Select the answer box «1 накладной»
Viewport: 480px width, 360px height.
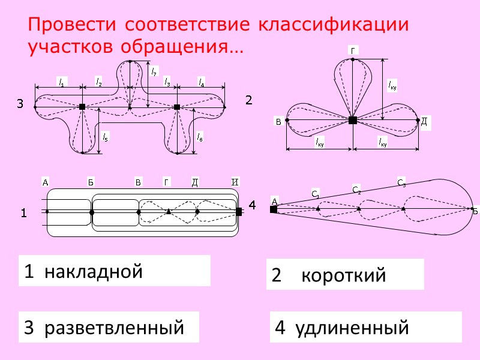[x=115, y=271]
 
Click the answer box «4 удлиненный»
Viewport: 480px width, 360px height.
[x=365, y=328]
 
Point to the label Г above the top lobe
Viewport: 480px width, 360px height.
[x=353, y=51]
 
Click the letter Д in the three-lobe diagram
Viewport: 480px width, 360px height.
[x=424, y=122]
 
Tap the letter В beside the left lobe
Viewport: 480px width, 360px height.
[x=278, y=122]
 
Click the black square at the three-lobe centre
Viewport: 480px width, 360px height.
[x=353, y=121]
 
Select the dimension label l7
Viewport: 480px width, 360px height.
[x=154, y=73]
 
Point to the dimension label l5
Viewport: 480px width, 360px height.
[x=106, y=137]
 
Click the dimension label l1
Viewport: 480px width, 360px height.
[x=61, y=83]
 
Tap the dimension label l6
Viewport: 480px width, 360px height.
[x=200, y=137]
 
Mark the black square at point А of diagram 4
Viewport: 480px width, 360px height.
[x=274, y=209]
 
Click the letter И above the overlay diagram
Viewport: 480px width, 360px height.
[x=236, y=182]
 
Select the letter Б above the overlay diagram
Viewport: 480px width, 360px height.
[x=91, y=182]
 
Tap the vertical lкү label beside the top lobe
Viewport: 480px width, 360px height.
[x=392, y=85]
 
